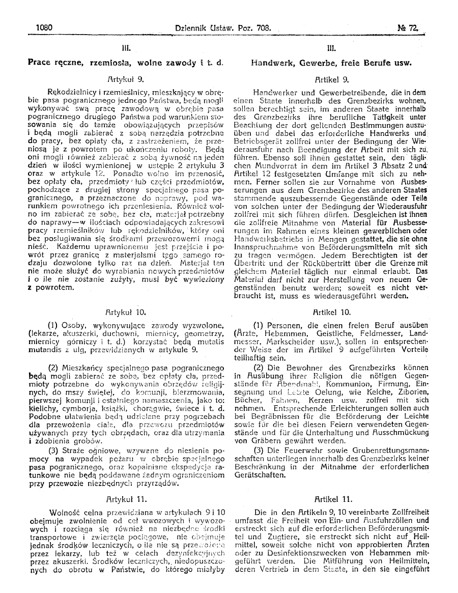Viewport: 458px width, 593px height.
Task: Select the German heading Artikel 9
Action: [331, 79]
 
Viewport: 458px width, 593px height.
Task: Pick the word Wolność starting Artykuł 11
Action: [66, 513]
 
